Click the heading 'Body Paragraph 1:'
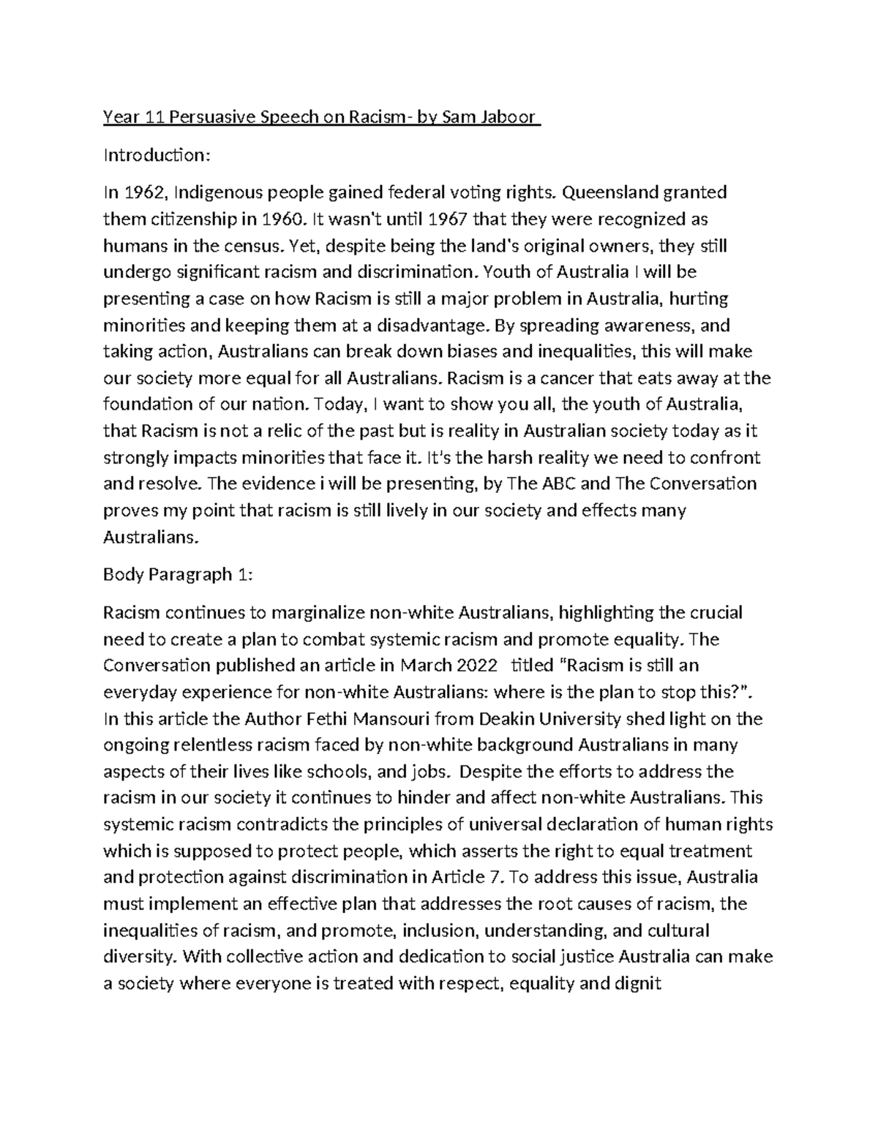(178, 574)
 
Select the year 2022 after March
(475, 666)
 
